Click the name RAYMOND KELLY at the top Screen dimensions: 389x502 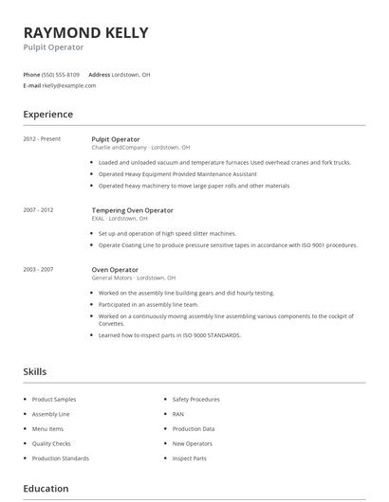pyautogui.click(x=85, y=32)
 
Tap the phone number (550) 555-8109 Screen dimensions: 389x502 pyautogui.click(x=61, y=74)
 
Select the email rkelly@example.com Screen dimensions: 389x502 pyautogui.click(x=69, y=85)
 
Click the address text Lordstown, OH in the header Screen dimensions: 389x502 pyautogui.click(x=131, y=74)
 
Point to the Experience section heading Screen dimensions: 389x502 pyautogui.click(x=47, y=115)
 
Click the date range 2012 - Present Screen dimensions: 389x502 pyautogui.click(x=42, y=139)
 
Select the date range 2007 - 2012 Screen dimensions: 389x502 pyautogui.click(x=38, y=209)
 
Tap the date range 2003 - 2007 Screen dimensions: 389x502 pyautogui.click(x=38, y=269)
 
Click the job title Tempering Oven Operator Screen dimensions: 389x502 pyautogui.click(x=132, y=209)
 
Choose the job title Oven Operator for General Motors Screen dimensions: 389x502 pyautogui.click(x=115, y=269)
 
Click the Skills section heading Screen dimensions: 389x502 pyautogui.click(x=35, y=372)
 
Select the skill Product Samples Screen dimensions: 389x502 pyautogui.click(x=54, y=400)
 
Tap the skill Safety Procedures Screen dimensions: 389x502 pyautogui.click(x=195, y=400)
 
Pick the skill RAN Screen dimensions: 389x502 pyautogui.click(x=178, y=414)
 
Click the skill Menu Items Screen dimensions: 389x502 pyautogui.click(x=47, y=429)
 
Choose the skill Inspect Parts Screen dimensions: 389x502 pyautogui.click(x=189, y=458)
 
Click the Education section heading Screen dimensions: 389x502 pyautogui.click(x=46, y=489)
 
